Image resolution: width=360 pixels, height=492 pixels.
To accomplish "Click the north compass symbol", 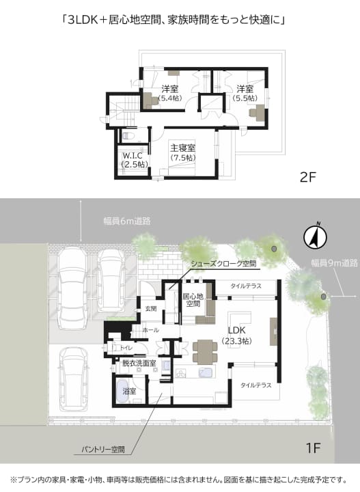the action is (315, 238).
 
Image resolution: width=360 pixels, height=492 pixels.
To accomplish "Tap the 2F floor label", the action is (307, 178).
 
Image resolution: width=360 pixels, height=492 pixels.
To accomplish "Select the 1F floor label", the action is (313, 448).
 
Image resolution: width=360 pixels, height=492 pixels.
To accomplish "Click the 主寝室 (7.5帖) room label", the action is (183, 152).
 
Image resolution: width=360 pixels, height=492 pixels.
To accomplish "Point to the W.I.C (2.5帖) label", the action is (135, 160).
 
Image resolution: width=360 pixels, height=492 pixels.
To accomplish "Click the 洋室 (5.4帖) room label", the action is (170, 93).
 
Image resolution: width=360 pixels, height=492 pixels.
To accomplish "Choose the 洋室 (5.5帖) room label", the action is (245, 93).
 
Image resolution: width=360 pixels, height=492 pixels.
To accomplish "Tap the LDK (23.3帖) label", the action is (236, 335).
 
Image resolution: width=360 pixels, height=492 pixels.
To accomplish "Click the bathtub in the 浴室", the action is (122, 392).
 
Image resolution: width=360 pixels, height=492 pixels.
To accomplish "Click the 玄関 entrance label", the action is (151, 309).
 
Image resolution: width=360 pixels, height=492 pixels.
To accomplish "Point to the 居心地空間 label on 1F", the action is (193, 300).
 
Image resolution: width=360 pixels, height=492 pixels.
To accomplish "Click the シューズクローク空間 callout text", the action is (223, 264).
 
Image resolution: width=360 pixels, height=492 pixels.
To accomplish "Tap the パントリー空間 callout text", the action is (103, 450).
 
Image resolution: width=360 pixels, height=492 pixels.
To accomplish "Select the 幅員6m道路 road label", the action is (127, 221).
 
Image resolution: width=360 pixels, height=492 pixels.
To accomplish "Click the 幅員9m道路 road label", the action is (334, 263).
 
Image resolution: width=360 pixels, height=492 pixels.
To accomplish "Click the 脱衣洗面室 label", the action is (139, 364).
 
